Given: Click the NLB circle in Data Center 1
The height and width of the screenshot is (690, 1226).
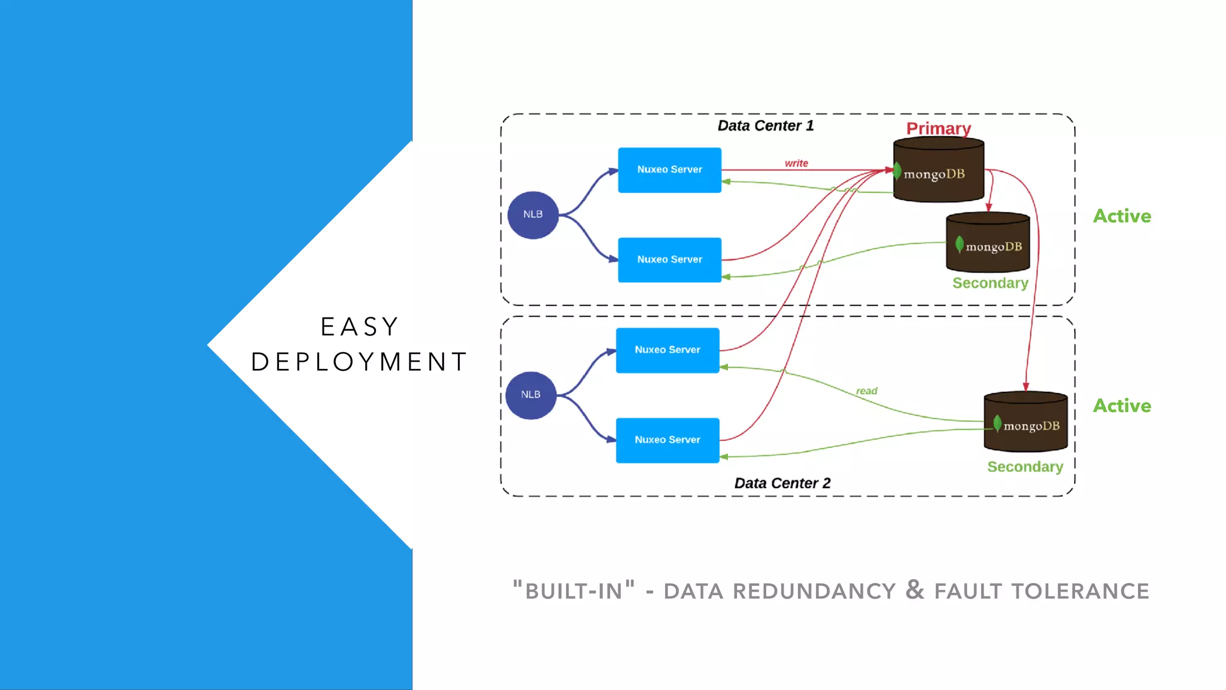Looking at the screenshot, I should coord(533,215).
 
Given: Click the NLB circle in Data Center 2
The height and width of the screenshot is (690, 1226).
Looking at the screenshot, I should coord(530,395).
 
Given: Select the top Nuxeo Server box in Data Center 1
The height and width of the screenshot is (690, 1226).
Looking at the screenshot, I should coord(669,170).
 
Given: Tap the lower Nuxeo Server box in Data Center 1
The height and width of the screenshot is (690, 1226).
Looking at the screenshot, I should coord(669,260).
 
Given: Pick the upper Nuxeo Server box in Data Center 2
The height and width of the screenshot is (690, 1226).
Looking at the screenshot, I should coord(667,350).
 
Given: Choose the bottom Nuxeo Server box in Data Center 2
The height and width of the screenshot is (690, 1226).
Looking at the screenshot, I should coord(667,440).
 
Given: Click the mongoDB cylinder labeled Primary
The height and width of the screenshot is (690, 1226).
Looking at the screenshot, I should coord(938,171).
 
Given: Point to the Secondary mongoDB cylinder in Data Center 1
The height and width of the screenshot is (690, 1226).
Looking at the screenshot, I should coord(988,243).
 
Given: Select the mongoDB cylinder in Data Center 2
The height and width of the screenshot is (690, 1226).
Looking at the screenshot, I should coord(1025,422).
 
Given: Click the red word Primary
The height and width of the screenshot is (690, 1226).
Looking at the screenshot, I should coord(938,128).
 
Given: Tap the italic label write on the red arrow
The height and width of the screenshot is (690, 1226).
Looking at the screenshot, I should coord(796,163).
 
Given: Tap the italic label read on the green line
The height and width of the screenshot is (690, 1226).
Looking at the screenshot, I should coord(866,391).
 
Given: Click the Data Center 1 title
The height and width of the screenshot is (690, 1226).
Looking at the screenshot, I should coord(765,126).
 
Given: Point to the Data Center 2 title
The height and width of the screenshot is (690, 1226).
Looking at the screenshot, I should coord(782,483).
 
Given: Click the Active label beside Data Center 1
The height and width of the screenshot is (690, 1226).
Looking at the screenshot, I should coord(1121,216).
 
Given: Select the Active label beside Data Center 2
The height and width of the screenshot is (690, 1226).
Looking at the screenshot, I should coord(1121,406).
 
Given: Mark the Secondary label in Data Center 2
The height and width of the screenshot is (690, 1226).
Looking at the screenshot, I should coord(1025,467).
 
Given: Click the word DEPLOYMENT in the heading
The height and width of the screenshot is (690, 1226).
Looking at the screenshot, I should coord(359,362).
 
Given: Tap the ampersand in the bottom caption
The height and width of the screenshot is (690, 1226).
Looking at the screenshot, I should coord(914,589).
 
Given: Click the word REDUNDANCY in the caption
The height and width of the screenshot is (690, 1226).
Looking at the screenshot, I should coord(814,592).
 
